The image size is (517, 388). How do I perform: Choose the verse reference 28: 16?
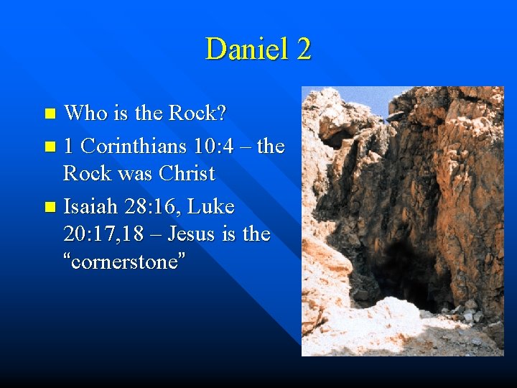pyautogui.click(x=158, y=207)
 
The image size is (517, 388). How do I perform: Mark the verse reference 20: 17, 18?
pyautogui.click(x=105, y=234)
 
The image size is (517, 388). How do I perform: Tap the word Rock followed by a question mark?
pyautogui.click(x=197, y=113)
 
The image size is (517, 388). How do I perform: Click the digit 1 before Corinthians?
pyautogui.click(x=68, y=147)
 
